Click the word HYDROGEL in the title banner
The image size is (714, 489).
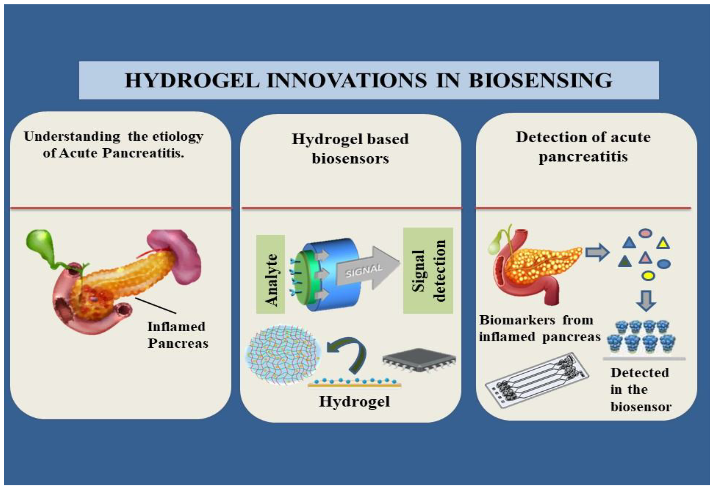(x=192, y=81)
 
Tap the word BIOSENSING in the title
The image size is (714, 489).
(x=540, y=81)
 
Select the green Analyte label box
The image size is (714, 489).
(x=270, y=274)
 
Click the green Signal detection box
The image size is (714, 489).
(x=428, y=270)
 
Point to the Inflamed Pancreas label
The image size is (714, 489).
(x=178, y=335)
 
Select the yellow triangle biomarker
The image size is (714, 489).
(x=663, y=243)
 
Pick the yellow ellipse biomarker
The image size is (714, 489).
(x=648, y=275)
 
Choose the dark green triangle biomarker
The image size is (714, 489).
(x=625, y=262)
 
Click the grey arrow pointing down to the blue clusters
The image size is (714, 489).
(x=646, y=300)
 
